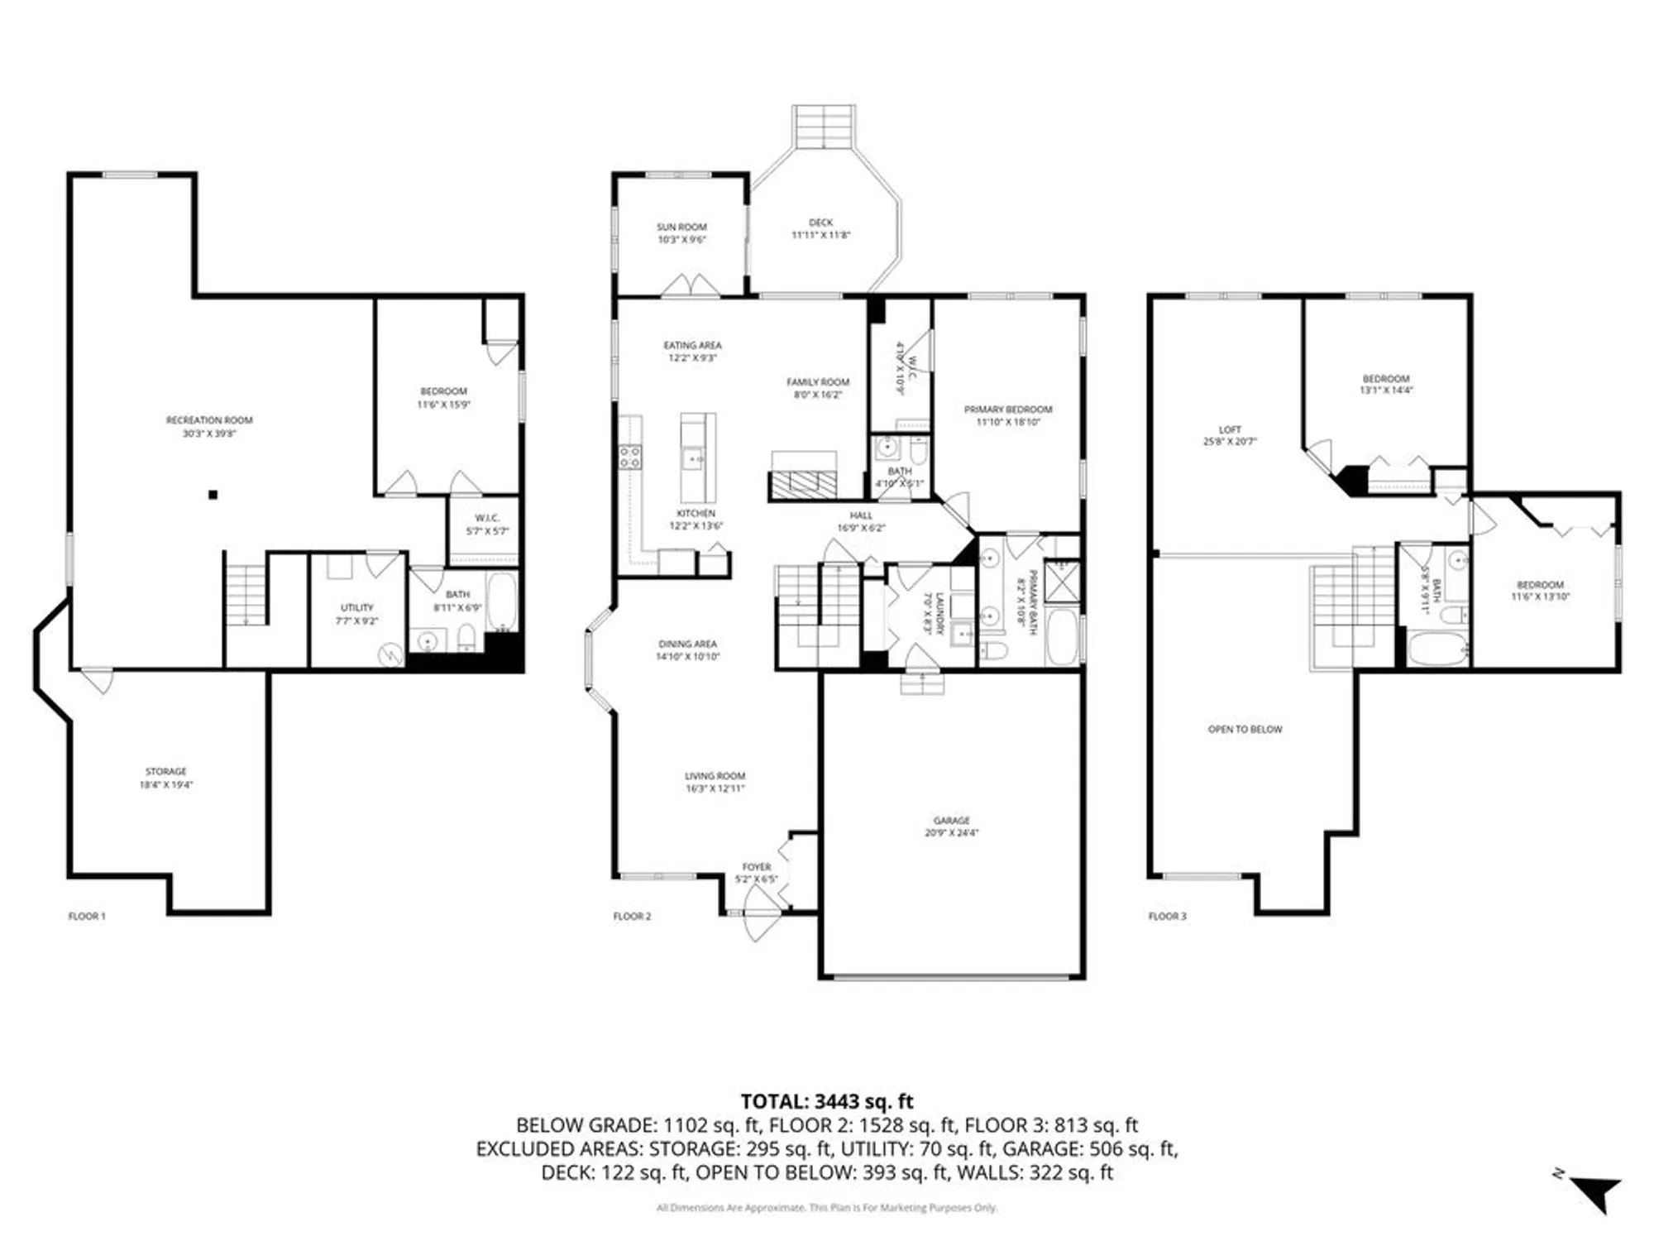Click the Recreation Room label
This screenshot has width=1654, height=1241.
tap(209, 420)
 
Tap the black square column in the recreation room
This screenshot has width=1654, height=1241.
tap(213, 495)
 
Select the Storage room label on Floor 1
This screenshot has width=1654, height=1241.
tap(166, 771)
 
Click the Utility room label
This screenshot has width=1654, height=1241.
tap(357, 607)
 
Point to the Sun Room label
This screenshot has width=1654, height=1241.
tap(681, 227)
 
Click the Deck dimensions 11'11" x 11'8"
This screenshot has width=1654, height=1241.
tap(820, 235)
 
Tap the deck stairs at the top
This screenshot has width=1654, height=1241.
tap(824, 126)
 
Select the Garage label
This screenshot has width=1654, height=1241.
tap(951, 821)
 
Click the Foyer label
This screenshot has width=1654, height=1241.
tap(756, 867)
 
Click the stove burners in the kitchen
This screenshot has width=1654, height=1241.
tap(629, 457)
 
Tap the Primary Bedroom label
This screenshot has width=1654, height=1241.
tap(1008, 410)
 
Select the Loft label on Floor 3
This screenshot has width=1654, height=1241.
tap(1230, 430)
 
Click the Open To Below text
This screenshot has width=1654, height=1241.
tap(1245, 730)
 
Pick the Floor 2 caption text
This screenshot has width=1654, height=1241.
tap(632, 916)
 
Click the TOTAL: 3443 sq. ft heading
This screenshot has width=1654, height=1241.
tap(826, 1101)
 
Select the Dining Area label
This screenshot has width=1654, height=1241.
tap(687, 644)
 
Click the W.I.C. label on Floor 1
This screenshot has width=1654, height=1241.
tap(487, 518)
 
